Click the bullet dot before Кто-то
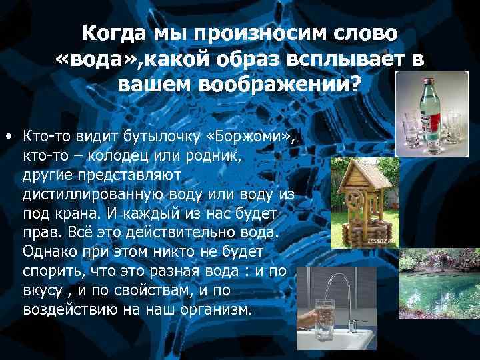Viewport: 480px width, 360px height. (7, 137)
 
